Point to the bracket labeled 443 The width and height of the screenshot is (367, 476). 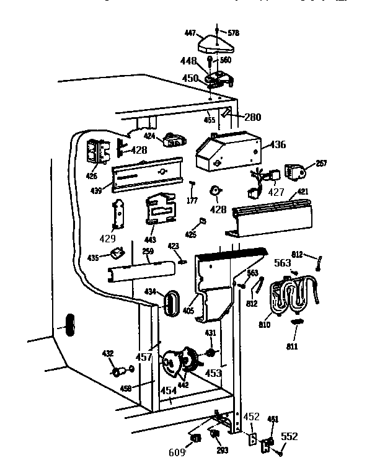pos(159,209)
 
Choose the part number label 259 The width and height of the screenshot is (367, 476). pos(148,251)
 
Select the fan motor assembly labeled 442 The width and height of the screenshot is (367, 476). pos(178,366)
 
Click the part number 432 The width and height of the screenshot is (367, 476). pos(108,354)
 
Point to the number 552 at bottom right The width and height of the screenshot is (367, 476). pos(289,436)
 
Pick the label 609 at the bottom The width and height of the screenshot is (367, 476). pos(177,453)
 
